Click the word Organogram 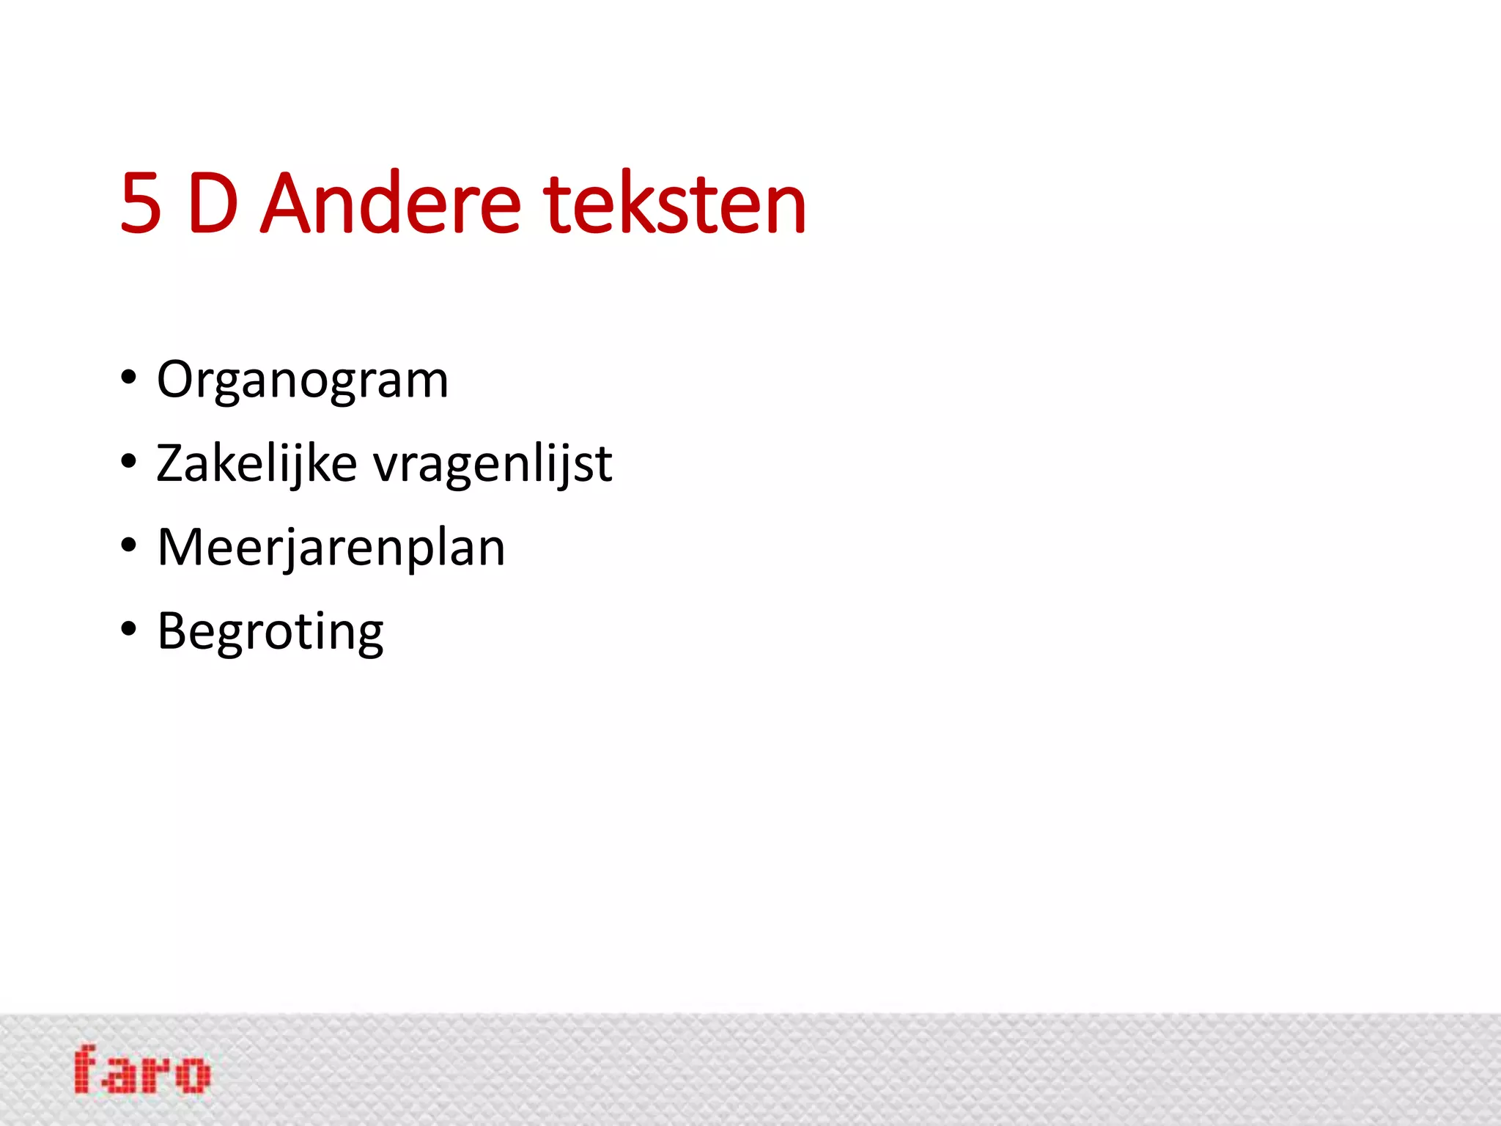pos(302,381)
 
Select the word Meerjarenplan pos(331,548)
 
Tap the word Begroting pos(270,632)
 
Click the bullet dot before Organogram pos(129,378)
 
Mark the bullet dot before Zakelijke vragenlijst pos(129,462)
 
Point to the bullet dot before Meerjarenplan pos(129,545)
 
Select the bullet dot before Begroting pos(129,629)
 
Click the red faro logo pos(142,1070)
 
